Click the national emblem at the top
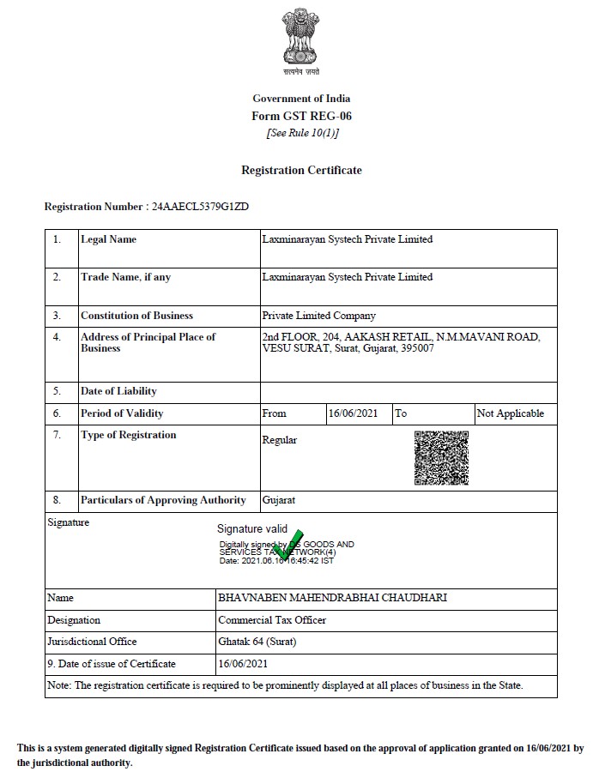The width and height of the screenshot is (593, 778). point(300,39)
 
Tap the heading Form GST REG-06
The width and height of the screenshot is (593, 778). point(301,116)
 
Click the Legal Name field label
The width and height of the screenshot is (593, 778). point(108,239)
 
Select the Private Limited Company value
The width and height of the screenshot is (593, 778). point(318,316)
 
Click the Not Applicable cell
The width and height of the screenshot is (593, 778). point(510,413)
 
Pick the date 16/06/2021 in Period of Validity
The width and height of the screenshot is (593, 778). point(354,413)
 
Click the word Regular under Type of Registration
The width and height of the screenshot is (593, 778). point(279,440)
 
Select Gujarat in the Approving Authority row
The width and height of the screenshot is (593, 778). point(279,500)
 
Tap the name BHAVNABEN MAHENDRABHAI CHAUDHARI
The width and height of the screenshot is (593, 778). point(333,598)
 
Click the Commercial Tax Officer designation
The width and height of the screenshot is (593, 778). point(272,620)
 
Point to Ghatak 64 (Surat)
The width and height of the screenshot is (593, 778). point(257,642)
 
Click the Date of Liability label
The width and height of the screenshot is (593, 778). point(118,391)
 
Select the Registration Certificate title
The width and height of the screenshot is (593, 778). point(301,170)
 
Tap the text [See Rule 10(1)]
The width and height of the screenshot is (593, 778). point(302,133)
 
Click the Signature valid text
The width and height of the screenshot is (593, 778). point(252,529)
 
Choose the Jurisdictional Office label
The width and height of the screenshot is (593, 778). point(92,642)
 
